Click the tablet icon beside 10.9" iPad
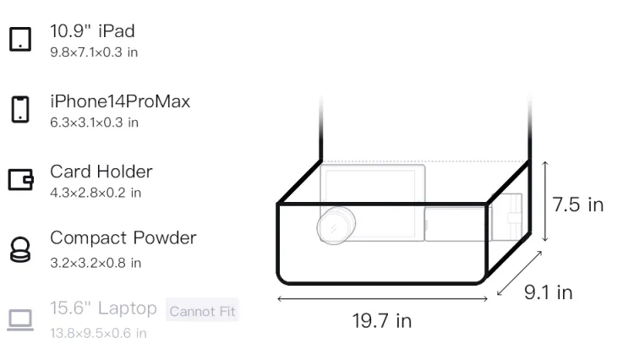pos(20,39)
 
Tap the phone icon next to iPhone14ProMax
pos(20,109)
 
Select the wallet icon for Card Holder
pos(20,179)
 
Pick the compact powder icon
pos(20,249)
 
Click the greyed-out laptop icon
pos(20,320)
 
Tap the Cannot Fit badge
pos(202,311)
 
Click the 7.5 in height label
pos(578,205)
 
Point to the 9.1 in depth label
pos(549,292)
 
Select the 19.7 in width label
pos(382,321)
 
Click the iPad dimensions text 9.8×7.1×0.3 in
pos(94,52)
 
